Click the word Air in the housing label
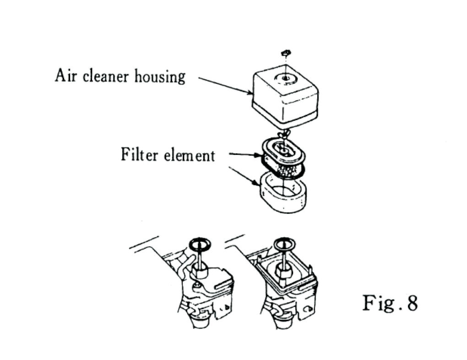[65, 75]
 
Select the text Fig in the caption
[376, 303]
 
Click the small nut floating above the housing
[285, 53]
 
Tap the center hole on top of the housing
[284, 78]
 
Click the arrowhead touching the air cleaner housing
[250, 93]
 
